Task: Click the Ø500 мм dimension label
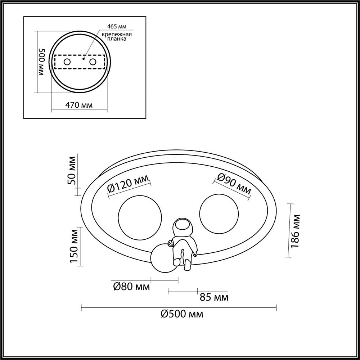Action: [x=182, y=314]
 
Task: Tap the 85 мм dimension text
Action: [x=214, y=297]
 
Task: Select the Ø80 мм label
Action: [x=131, y=287]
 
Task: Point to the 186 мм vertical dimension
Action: [x=296, y=231]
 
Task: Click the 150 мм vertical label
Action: [x=74, y=246]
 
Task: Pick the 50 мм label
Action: [x=72, y=170]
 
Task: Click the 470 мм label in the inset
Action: [x=79, y=105]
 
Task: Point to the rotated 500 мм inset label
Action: [x=41, y=62]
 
